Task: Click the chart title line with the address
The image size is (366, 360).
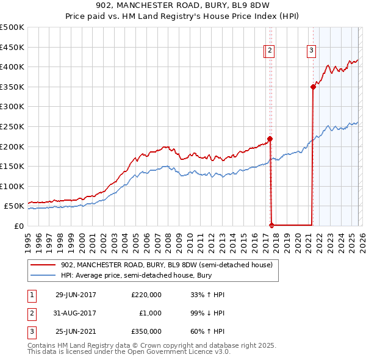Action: point(183,8)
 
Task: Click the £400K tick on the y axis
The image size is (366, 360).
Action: point(12,67)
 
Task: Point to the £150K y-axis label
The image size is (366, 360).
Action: point(12,166)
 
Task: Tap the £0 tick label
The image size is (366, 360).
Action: point(19,226)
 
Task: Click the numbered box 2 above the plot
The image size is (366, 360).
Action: point(270,51)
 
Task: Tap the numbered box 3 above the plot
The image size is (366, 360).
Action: point(311,51)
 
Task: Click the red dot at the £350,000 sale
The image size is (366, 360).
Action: point(313,87)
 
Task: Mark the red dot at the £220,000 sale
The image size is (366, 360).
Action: point(270,139)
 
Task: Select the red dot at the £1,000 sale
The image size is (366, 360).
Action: point(271,225)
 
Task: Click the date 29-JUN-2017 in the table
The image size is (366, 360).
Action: point(76,295)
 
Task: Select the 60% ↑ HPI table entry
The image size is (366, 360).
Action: point(207,331)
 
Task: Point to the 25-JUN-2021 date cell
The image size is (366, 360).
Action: point(76,331)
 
